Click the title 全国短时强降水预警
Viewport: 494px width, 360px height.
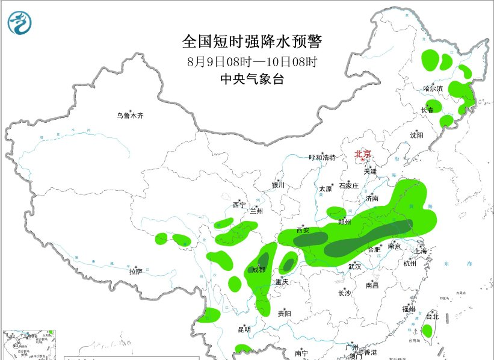click(252, 42)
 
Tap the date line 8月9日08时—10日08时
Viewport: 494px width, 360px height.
click(252, 61)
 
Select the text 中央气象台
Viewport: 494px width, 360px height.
click(252, 79)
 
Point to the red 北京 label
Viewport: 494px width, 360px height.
click(363, 154)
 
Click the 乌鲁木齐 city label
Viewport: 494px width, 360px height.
click(131, 116)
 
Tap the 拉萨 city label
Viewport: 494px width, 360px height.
click(135, 272)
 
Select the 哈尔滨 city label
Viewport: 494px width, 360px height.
click(433, 88)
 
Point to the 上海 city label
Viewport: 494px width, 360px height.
click(421, 251)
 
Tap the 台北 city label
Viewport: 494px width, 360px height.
click(432, 317)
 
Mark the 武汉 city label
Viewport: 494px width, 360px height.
click(354, 266)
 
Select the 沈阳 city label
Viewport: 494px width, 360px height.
click(417, 135)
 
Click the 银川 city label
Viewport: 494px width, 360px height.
click(277, 185)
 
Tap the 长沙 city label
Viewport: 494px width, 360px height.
click(344, 293)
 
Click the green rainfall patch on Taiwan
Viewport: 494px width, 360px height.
click(427, 330)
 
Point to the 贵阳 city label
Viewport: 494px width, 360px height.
click(285, 314)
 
